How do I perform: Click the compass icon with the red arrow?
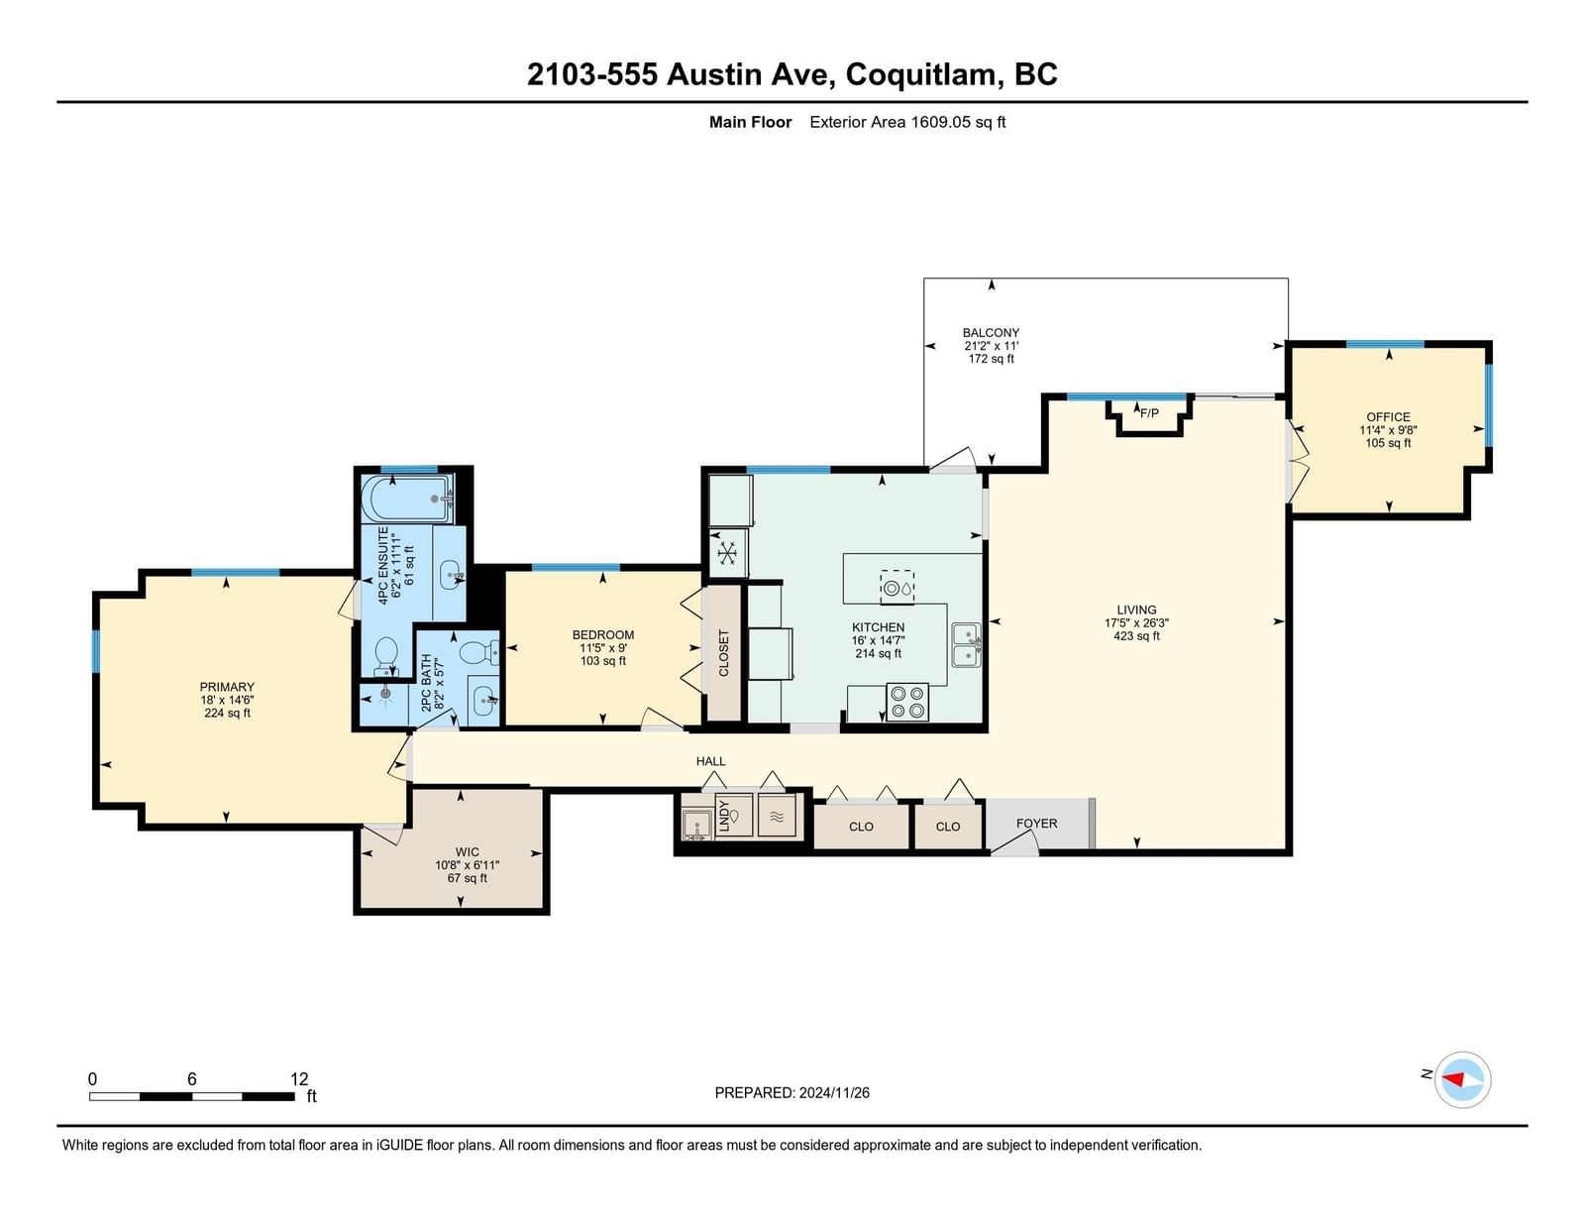click(1462, 1080)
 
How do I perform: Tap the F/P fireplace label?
click(1149, 413)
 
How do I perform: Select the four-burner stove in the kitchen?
click(907, 702)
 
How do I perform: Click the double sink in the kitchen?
click(967, 645)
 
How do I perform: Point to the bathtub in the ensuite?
click(407, 499)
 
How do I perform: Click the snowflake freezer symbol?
click(726, 553)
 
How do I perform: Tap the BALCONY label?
click(991, 333)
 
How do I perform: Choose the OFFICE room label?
click(1388, 417)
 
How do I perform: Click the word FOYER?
click(1036, 823)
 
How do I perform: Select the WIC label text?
click(467, 851)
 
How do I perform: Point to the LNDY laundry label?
click(724, 816)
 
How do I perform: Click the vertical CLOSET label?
click(723, 653)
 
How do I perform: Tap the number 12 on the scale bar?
click(299, 1079)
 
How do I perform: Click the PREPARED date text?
click(792, 1093)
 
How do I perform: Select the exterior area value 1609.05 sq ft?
click(958, 122)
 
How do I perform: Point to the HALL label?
click(710, 761)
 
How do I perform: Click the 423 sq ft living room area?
click(1136, 636)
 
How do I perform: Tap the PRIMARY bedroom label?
click(227, 687)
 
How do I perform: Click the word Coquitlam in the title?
click(920, 74)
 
